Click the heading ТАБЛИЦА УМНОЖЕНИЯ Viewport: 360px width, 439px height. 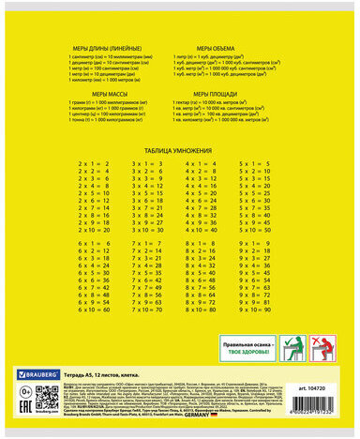pyautogui.click(x=180, y=150)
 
